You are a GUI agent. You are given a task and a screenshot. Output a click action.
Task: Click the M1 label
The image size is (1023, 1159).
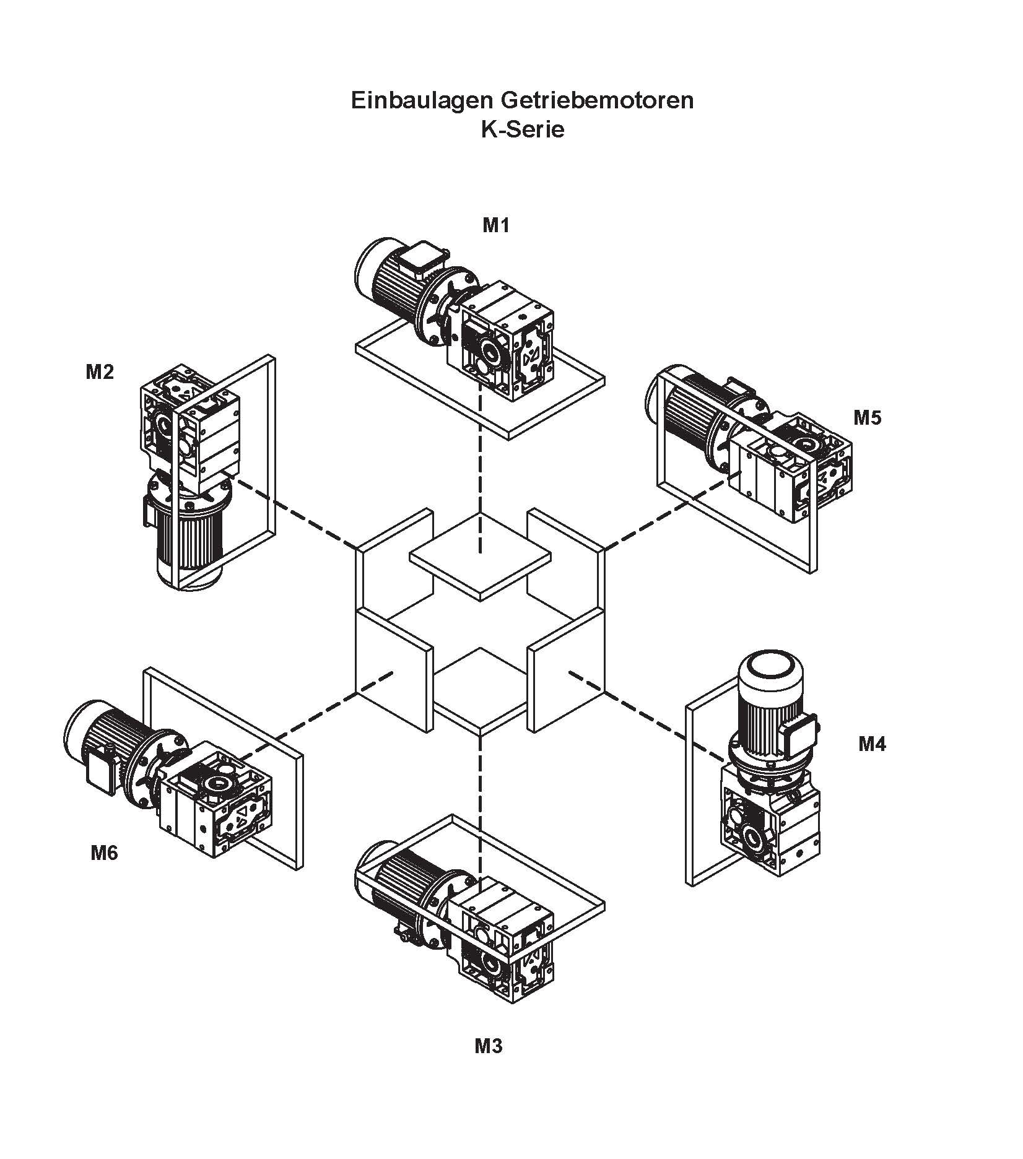coord(495,226)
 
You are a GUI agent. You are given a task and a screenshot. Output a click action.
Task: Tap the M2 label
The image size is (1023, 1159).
coord(100,372)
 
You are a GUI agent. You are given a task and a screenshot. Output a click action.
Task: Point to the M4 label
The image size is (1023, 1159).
coord(872,744)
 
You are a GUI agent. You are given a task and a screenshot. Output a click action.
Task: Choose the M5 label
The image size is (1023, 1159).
coord(867,418)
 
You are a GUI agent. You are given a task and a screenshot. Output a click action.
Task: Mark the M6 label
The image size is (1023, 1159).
coord(104,853)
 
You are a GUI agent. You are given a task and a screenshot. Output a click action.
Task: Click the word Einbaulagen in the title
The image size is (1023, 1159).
coord(420,100)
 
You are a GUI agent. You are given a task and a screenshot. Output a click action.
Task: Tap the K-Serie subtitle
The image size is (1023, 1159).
coord(523,130)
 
